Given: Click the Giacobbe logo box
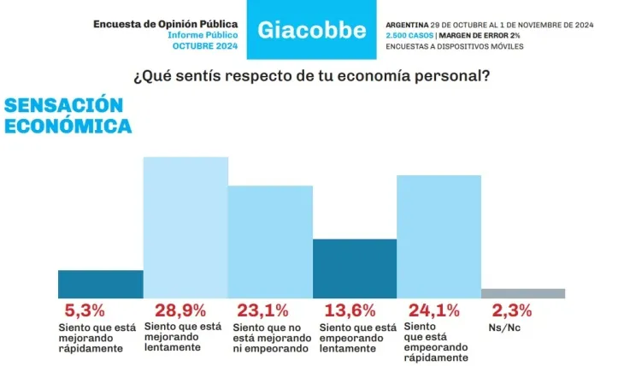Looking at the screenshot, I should click(x=312, y=31).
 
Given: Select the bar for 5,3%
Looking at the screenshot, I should click(x=100, y=284).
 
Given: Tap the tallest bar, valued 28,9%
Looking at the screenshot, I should click(x=185, y=227).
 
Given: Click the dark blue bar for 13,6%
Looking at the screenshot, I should click(x=356, y=268).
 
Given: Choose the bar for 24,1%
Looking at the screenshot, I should click(x=439, y=236).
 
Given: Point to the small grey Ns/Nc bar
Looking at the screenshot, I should click(x=523, y=293).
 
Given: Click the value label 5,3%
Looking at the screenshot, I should click(x=85, y=310).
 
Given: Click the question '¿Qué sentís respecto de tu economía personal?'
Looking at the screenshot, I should click(x=311, y=75).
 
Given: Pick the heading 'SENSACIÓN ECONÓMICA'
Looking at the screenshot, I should click(x=68, y=115).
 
